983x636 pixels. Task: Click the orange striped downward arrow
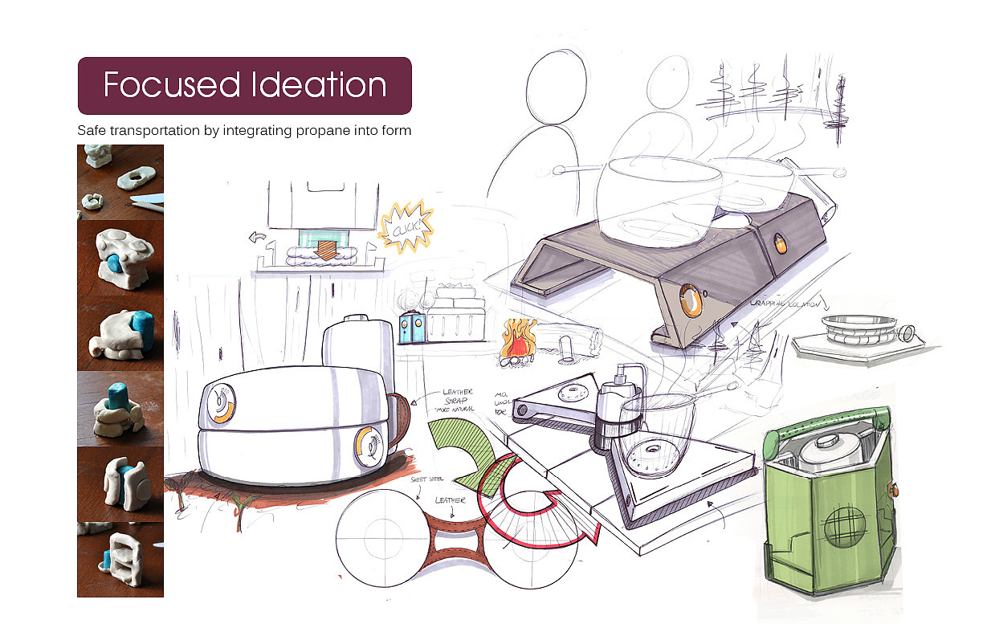tap(327, 247)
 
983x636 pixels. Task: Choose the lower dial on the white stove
tap(370, 446)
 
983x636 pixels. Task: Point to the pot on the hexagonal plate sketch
tap(858, 329)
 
